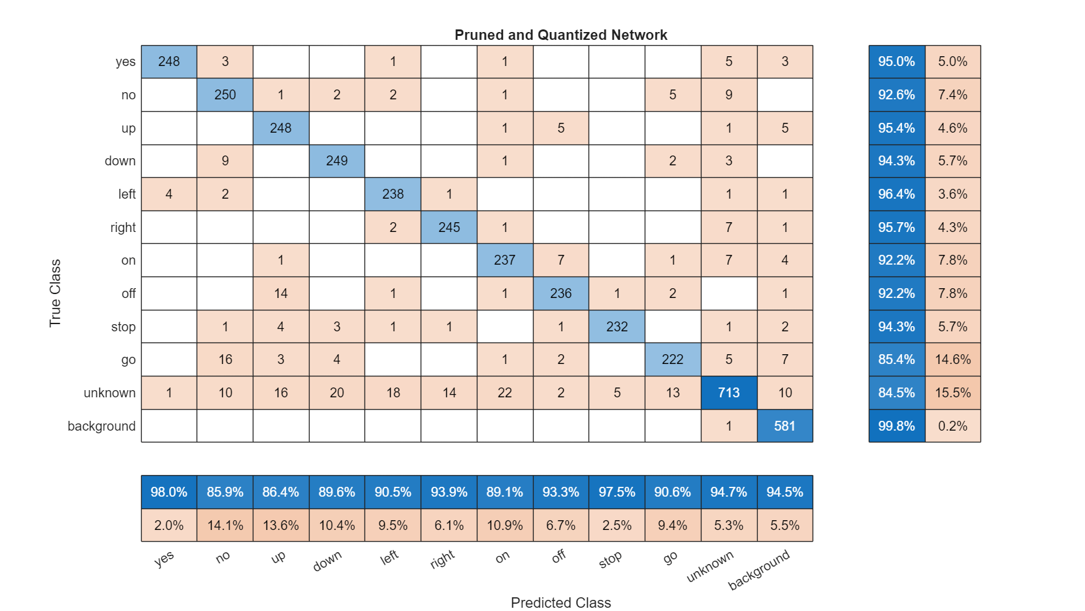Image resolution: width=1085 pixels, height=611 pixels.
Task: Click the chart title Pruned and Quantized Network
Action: pos(560,35)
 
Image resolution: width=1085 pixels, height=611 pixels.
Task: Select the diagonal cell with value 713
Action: pos(728,393)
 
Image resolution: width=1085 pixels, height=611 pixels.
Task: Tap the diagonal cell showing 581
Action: pos(785,426)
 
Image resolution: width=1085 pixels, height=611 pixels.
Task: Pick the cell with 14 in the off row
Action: pos(281,293)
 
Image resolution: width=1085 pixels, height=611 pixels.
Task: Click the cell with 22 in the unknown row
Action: pos(504,393)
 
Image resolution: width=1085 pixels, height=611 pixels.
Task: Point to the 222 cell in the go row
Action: pos(672,359)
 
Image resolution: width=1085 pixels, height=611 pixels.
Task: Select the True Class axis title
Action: pos(55,293)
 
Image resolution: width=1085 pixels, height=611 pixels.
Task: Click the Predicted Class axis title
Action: pos(560,603)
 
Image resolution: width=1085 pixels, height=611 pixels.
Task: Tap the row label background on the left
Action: pos(101,426)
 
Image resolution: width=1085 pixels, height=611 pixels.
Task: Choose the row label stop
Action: pos(123,327)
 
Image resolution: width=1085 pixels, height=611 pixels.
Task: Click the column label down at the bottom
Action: pos(327,561)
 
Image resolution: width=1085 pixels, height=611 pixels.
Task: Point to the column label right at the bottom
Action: pos(443,559)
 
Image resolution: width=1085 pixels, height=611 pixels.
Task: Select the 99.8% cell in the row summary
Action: pos(896,426)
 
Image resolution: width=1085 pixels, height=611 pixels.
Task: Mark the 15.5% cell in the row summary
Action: pos(952,393)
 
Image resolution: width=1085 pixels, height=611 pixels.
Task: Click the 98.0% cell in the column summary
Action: pos(169,492)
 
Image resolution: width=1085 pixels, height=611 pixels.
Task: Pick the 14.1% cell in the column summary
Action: pos(225,525)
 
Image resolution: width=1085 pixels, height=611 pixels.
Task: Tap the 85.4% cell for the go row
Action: pos(896,359)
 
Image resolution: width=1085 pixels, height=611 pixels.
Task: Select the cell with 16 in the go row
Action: pos(225,359)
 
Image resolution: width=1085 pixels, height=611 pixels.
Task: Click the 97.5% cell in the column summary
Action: pos(617,492)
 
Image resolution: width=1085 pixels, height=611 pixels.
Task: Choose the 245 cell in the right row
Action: pos(449,227)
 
